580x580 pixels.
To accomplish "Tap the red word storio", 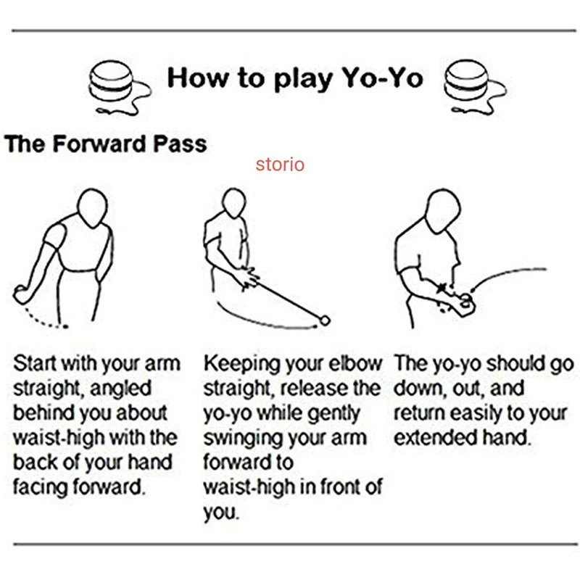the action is click(x=280, y=165).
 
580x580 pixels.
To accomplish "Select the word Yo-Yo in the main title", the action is click(x=383, y=78).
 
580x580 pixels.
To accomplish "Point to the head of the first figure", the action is click(x=93, y=207).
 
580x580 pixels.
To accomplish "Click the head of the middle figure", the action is click(x=233, y=203).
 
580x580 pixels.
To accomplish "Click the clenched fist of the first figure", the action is click(x=22, y=294).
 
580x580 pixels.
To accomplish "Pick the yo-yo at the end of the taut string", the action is click(x=325, y=320).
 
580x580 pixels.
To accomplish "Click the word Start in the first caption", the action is click(x=35, y=364).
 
